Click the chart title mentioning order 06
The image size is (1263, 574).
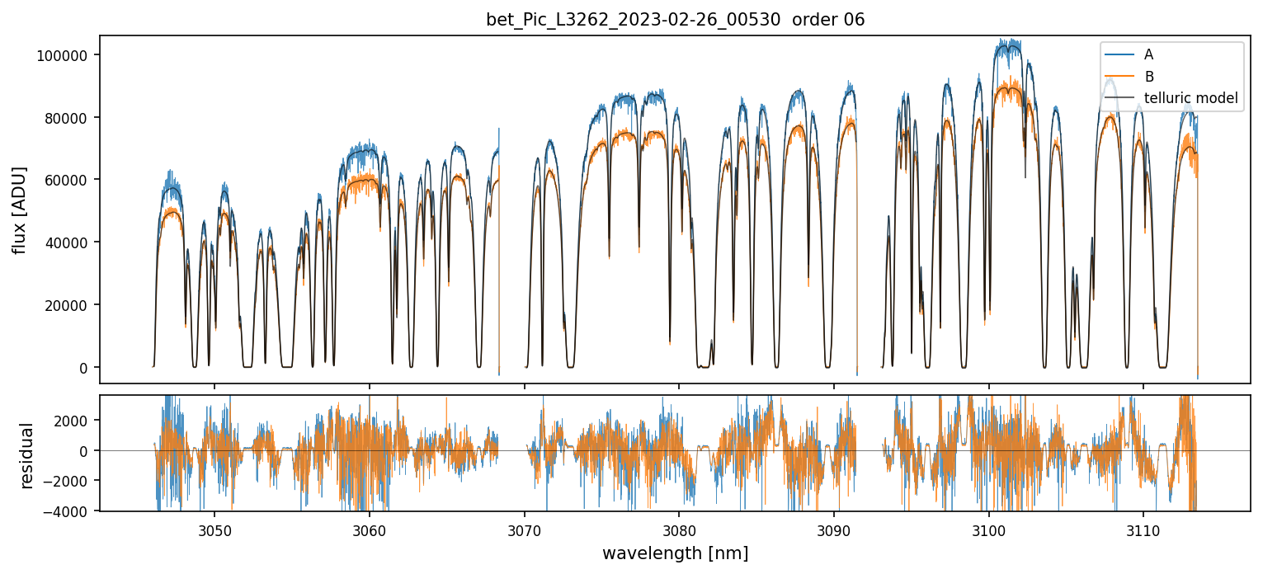(x=675, y=20)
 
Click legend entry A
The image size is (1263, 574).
(x=1148, y=55)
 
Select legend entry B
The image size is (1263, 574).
(x=1148, y=77)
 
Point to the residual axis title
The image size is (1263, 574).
(x=26, y=455)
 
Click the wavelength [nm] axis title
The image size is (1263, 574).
(x=675, y=553)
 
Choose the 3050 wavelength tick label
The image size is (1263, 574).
(x=214, y=529)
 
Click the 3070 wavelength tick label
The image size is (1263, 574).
(x=524, y=529)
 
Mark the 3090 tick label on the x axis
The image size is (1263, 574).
(x=833, y=529)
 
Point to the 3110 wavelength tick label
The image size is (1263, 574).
(x=1143, y=529)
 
